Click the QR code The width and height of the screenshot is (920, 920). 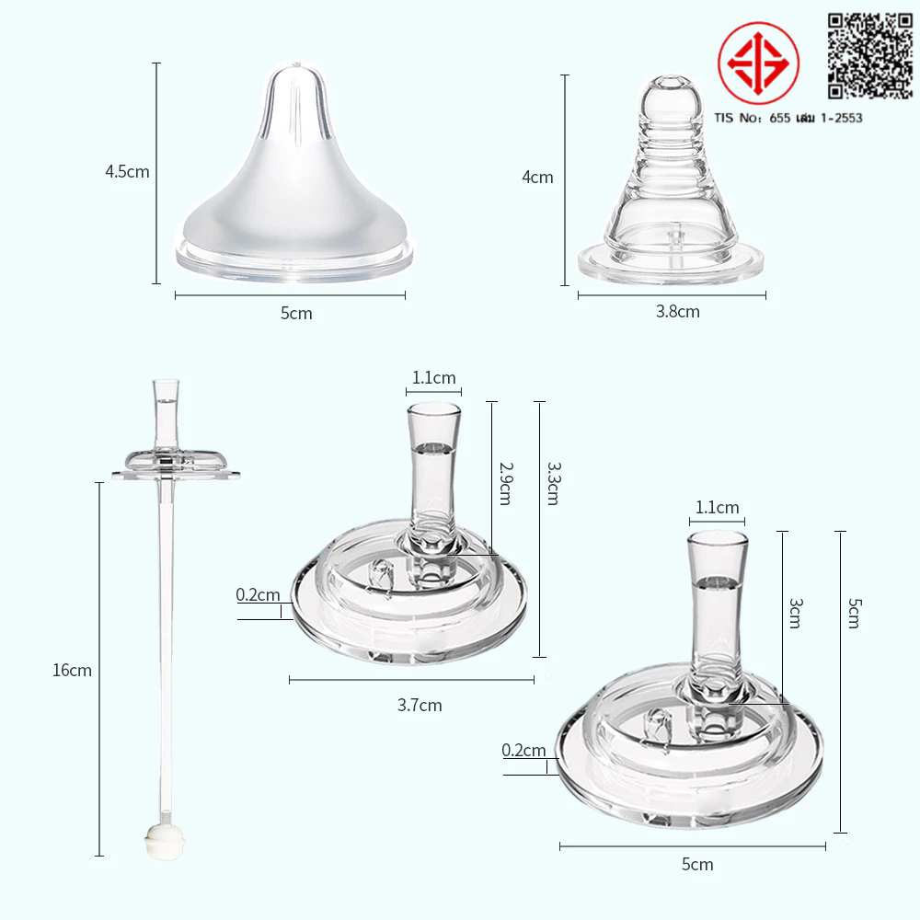pyautogui.click(x=870, y=56)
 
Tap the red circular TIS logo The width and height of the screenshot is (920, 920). pyautogui.click(x=758, y=63)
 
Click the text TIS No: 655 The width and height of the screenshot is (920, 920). pyautogui.click(x=753, y=118)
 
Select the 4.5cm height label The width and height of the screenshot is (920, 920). pyautogui.click(x=127, y=172)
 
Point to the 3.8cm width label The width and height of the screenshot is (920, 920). pyautogui.click(x=678, y=312)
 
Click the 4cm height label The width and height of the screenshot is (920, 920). pyautogui.click(x=537, y=178)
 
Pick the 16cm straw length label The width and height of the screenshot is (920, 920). pyautogui.click(x=72, y=670)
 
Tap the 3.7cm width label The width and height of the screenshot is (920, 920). pyautogui.click(x=420, y=706)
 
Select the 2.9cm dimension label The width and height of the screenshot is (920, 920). pyautogui.click(x=506, y=484)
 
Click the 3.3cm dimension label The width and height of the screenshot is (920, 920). pyautogui.click(x=554, y=484)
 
